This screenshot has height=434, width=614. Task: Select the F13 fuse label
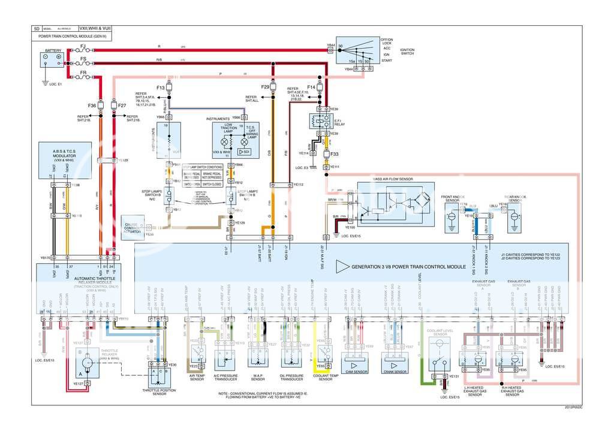coord(160,88)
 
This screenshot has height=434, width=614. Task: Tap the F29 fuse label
coord(265,88)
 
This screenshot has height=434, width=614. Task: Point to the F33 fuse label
coord(335,153)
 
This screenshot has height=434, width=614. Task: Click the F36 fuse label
coord(92,106)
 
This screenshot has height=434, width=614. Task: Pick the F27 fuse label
coord(122,106)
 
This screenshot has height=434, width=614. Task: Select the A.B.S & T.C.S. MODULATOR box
coord(64,158)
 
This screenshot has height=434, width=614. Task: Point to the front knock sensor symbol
coord(451,220)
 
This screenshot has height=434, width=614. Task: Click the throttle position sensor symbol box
coord(159,378)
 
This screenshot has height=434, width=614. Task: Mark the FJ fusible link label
coord(83,46)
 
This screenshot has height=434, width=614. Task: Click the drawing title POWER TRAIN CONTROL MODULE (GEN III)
coord(70,37)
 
